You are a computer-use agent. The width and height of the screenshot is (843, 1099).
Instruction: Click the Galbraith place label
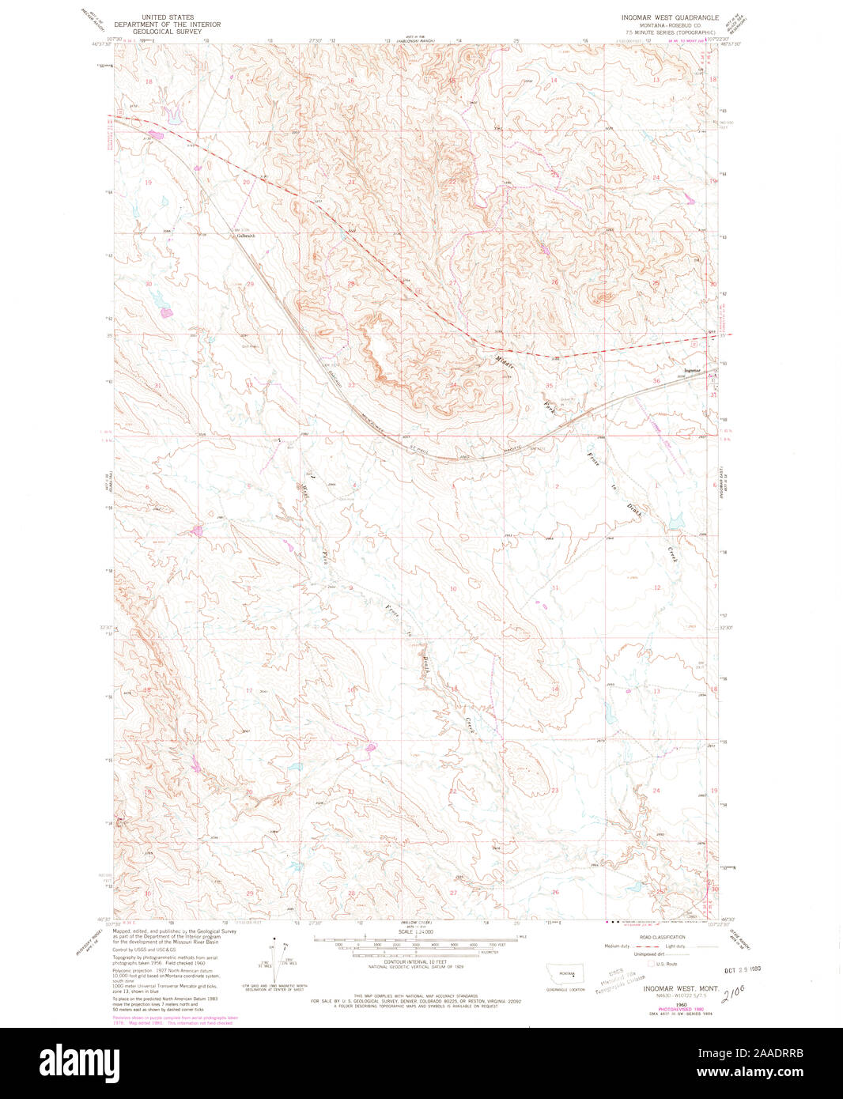(x=246, y=236)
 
